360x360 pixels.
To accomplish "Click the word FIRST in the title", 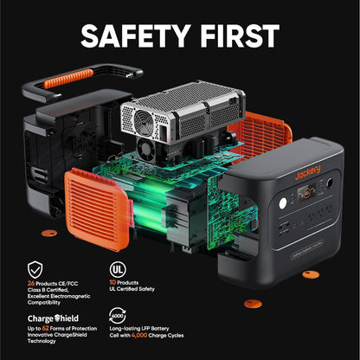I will point(235,35).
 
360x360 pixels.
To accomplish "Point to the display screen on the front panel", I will point(281,190).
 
